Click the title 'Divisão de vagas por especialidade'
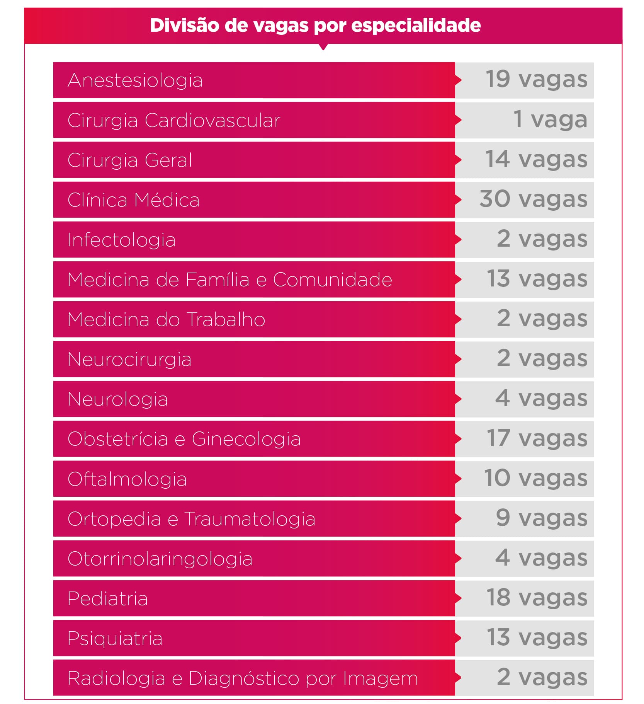(315, 26)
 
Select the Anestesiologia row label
(135, 80)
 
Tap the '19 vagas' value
(536, 80)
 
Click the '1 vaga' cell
(550, 120)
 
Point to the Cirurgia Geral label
(129, 160)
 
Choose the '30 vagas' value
(533, 199)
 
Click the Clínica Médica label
(133, 200)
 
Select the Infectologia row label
(121, 240)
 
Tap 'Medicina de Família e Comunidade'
(229, 280)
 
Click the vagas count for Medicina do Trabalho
(542, 319)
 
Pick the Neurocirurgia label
(129, 359)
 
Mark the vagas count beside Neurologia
(541, 399)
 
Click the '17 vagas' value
(537, 439)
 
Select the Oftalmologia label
(127, 479)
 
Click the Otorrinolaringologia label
(160, 559)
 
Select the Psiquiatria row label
(115, 638)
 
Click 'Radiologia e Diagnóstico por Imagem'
(243, 678)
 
